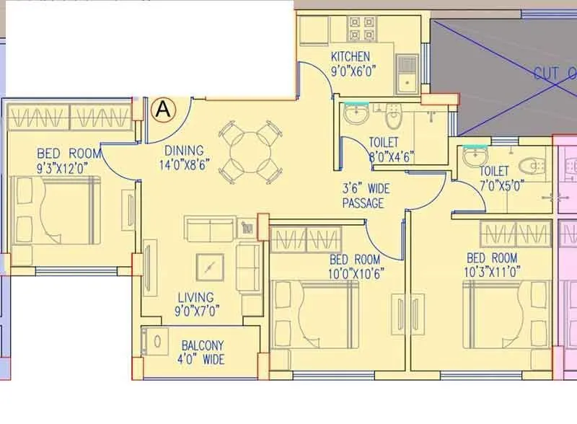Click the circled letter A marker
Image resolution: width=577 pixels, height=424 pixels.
[x=164, y=110]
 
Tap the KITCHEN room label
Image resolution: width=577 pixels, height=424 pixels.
[x=351, y=57]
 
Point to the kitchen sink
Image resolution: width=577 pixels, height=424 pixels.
[x=407, y=74]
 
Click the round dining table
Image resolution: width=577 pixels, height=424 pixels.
[x=249, y=150]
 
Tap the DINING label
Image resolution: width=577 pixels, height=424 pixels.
[x=184, y=151]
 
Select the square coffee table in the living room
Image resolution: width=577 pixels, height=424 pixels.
[x=209, y=268]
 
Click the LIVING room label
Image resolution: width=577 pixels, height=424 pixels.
[x=195, y=297]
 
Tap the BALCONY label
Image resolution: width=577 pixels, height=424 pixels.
[x=203, y=345]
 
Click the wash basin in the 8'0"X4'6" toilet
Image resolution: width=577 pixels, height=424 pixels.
[x=356, y=114]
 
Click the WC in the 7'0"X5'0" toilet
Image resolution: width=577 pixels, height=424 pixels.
[x=533, y=167]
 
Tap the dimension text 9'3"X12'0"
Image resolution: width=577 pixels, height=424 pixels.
[x=69, y=167]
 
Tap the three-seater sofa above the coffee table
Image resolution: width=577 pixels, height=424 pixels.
[x=209, y=229]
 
